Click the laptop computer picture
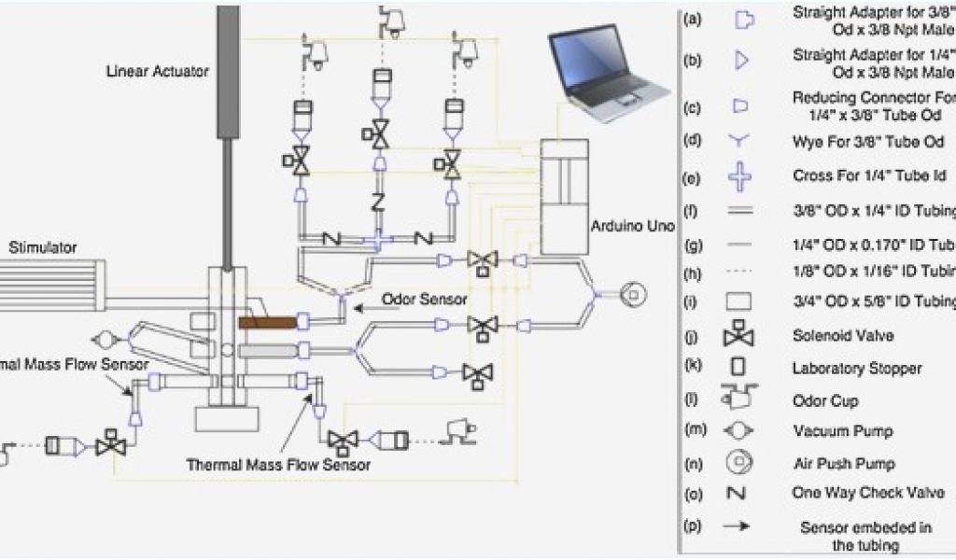click(x=607, y=75)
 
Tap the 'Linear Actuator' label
click(x=159, y=71)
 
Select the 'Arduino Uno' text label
click(x=626, y=227)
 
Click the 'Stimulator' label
click(x=43, y=247)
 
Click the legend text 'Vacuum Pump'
click(x=842, y=431)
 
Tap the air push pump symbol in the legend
click(x=739, y=463)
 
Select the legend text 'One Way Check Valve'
click(x=868, y=493)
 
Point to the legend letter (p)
click(x=693, y=526)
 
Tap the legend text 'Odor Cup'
click(x=825, y=400)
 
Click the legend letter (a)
click(x=693, y=19)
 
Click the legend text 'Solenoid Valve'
click(x=843, y=336)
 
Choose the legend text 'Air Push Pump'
click(x=844, y=463)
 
